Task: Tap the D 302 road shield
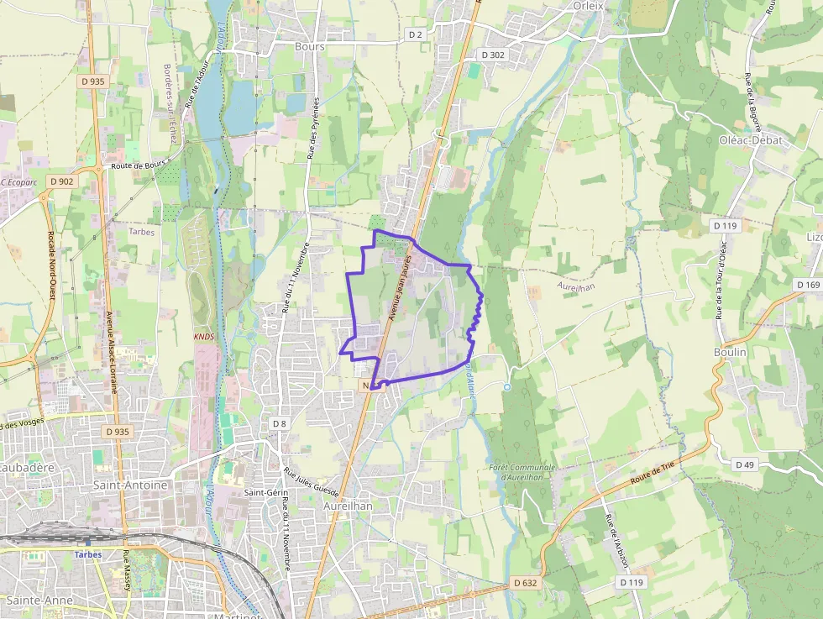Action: point(493,54)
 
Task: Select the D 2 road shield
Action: point(416,34)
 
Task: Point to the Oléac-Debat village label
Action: point(750,140)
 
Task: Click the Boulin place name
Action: point(730,353)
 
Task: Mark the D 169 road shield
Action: point(808,285)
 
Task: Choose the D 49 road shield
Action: point(744,464)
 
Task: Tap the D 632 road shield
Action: point(523,582)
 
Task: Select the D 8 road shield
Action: point(279,423)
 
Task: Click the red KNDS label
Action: point(204,337)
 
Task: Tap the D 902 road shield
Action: point(61,181)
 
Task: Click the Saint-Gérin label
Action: point(261,492)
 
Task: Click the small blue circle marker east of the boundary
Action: point(507,386)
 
